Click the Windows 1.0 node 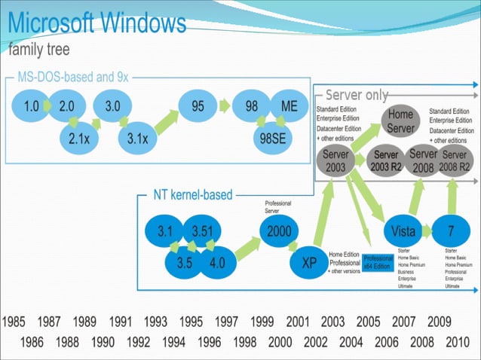pyautogui.click(x=31, y=106)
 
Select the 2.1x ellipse pyautogui.click(x=79, y=138)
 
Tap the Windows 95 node pyautogui.click(x=198, y=106)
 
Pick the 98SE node pyautogui.click(x=273, y=138)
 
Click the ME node pyautogui.click(x=289, y=106)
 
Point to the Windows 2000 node pyautogui.click(x=280, y=232)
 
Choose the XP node pyautogui.click(x=309, y=263)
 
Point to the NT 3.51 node pyautogui.click(x=205, y=232)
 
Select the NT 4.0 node pyautogui.click(x=216, y=264)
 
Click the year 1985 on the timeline pyautogui.click(x=14, y=322)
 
